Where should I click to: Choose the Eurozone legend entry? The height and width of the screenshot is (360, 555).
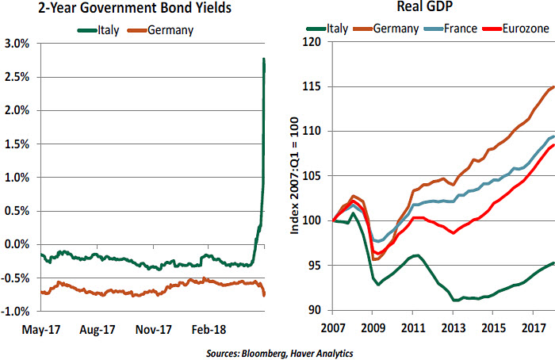[x=522, y=30]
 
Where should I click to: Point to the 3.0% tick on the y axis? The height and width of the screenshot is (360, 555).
[x=17, y=42]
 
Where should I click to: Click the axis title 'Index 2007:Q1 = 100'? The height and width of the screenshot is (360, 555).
[x=295, y=176]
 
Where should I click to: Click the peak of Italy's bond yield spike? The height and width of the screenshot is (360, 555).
[x=263, y=59]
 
